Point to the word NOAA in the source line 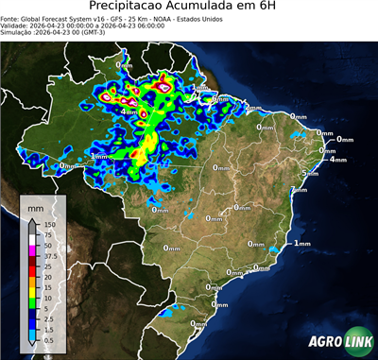185,18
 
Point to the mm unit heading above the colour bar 35,205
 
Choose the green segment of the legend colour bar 32,300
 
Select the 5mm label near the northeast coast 309,173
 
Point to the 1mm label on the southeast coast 302,243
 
